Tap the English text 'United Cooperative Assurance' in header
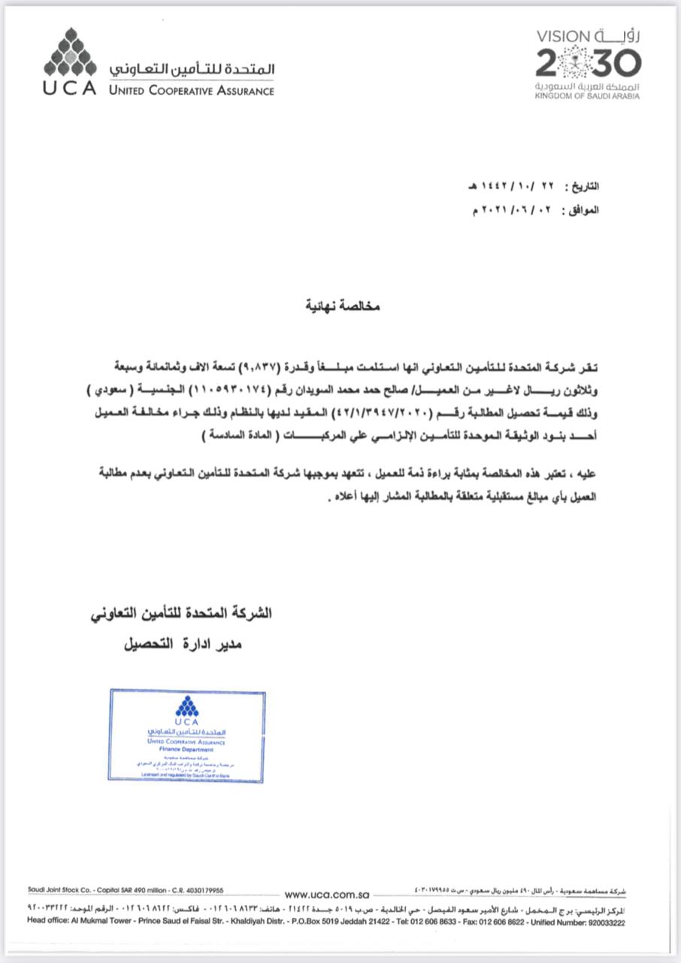tap(191, 91)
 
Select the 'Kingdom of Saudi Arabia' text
tap(589, 96)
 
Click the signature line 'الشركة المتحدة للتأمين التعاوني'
tap(180, 614)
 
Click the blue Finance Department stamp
tap(186, 734)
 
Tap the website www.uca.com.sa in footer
tap(327, 895)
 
